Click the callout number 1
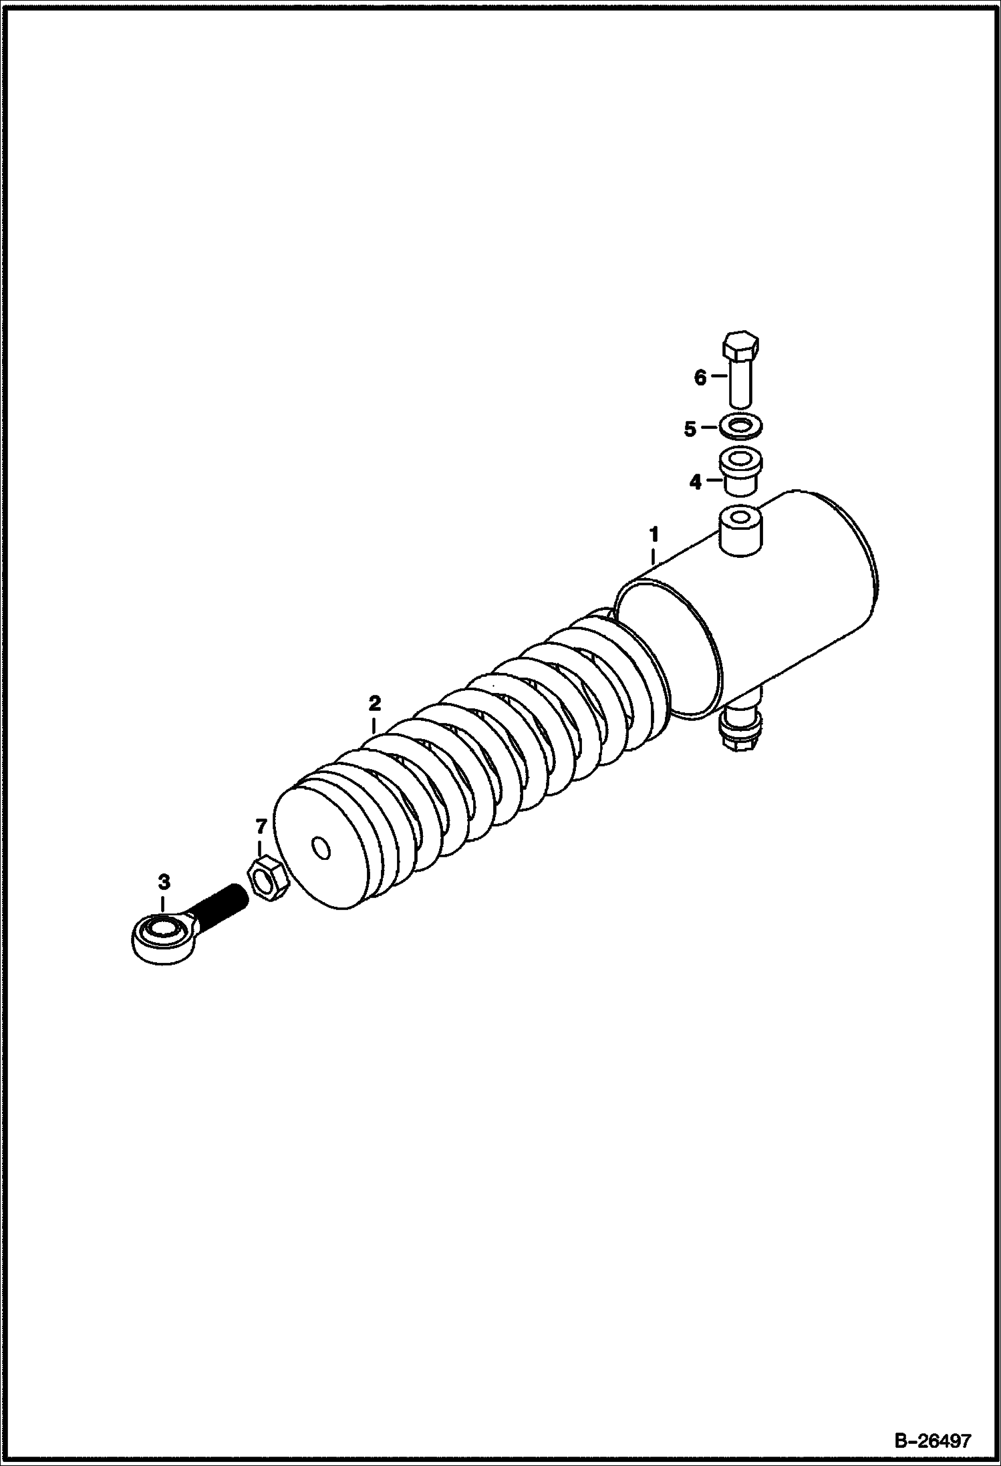pos(654,534)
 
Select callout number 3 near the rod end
pos(164,882)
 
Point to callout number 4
pos(696,482)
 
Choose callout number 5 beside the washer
pos(690,429)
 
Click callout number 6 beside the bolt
pos(700,378)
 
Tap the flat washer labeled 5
pos(741,425)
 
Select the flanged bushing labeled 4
pos(740,472)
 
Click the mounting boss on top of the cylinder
pos(740,531)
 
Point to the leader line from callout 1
pos(654,555)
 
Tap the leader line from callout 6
pos(718,376)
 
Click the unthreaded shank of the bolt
pos(741,383)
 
